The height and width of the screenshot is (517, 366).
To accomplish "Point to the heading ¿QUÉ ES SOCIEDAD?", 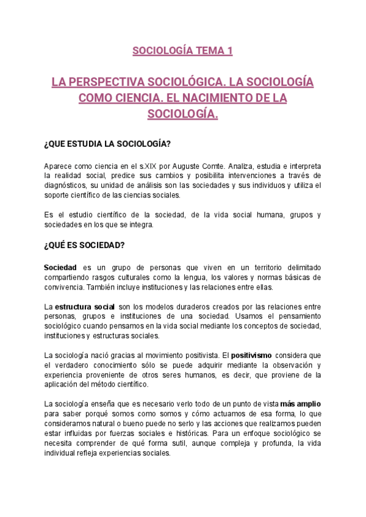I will [84, 246].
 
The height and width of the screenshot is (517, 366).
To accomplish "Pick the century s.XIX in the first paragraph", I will [147, 166].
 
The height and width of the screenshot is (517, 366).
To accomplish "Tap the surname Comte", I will [217, 166].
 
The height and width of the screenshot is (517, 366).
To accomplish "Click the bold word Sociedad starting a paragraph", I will [60, 268].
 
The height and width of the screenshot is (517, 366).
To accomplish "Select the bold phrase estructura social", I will [84, 307].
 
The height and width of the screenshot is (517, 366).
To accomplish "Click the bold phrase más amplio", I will [300, 404].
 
